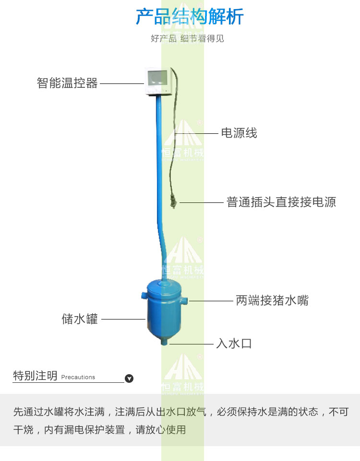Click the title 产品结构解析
pyautogui.click(x=190, y=16)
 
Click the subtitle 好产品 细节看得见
pyautogui.click(x=187, y=38)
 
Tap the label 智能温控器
pyautogui.click(x=67, y=83)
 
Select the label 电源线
pyautogui.click(x=239, y=133)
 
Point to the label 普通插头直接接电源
pyautogui.click(x=281, y=202)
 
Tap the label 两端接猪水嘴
pyautogui.click(x=272, y=300)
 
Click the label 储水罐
pyautogui.click(x=80, y=319)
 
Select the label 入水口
pyautogui.click(x=234, y=343)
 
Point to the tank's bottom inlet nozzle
pyautogui.click(x=164, y=342)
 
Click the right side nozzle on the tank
pyautogui.click(x=184, y=300)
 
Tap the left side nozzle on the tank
pyautogui.click(x=144, y=295)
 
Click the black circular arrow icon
pyautogui.click(x=129, y=378)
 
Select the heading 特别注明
pyautogui.click(x=35, y=376)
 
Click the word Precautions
pyautogui.click(x=78, y=377)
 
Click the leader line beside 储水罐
pyautogui.click(x=123, y=319)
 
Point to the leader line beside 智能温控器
pyautogui.click(x=122, y=83)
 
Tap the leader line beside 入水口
pyautogui.click(x=192, y=343)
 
